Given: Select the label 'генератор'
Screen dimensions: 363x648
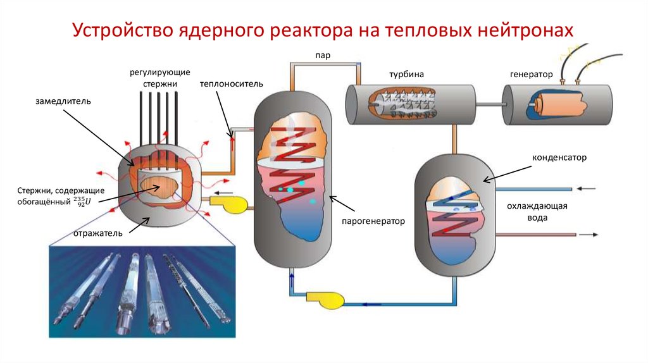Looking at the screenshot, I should pos(531,74).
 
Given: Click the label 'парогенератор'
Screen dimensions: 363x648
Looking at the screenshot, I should pos(373,221).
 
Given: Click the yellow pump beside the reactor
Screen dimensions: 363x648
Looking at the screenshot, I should pos(230,203).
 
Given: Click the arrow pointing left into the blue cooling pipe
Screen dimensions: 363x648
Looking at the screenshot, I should pos(587,188).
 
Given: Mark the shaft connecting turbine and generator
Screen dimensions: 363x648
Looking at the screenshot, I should pos(488,102).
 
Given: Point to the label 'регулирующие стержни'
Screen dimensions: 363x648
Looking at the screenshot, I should pos(160,78).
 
